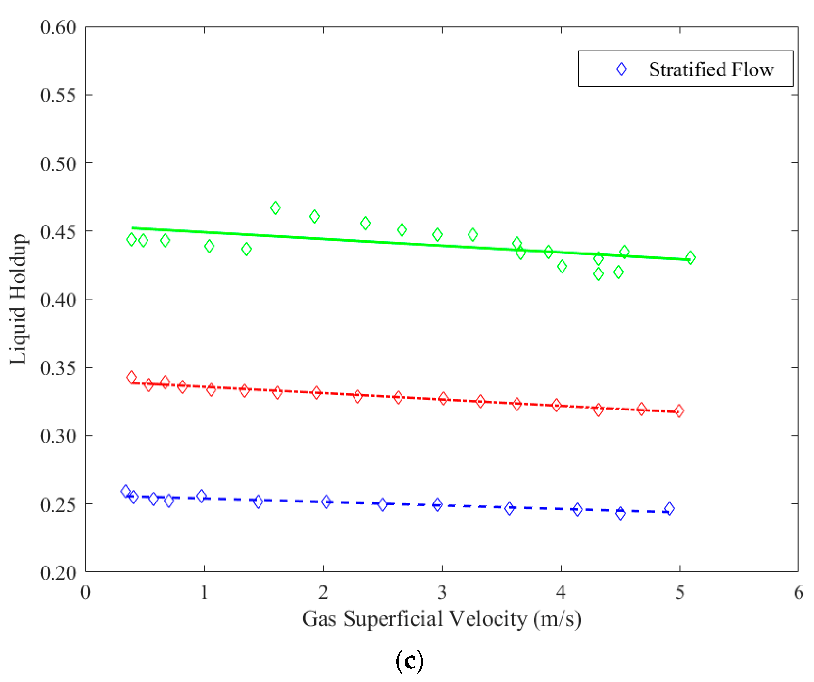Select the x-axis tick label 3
[x=442, y=593]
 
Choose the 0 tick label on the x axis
[x=86, y=593]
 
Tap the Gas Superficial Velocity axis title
[x=441, y=619]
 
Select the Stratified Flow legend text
[x=711, y=70]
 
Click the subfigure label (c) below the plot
[x=410, y=661]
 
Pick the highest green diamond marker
[x=275, y=208]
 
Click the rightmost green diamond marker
[x=690, y=258]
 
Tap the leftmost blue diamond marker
[x=126, y=491]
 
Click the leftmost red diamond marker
[x=131, y=377]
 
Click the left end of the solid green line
[x=133, y=228]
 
